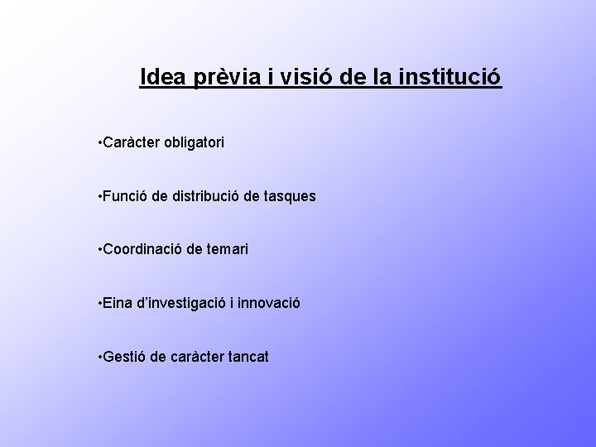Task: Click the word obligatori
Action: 192,143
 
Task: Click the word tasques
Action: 289,197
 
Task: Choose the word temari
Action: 228,250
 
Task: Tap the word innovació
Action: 270,304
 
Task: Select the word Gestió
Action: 123,358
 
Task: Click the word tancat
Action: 247,358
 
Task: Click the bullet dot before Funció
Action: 99,197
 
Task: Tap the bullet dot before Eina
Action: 99,304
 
